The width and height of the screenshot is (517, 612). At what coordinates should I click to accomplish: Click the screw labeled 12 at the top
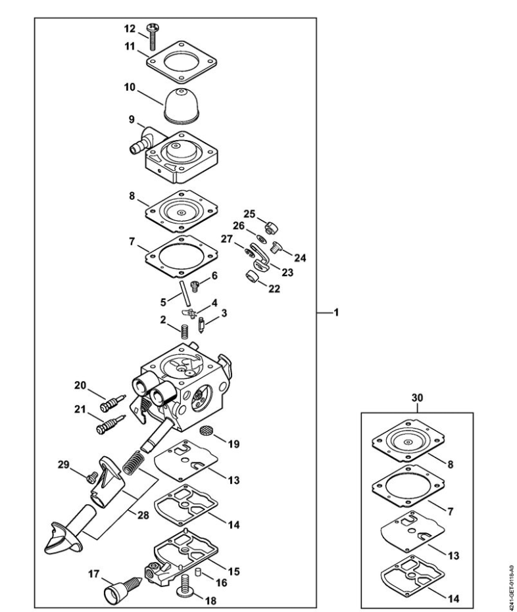pyautogui.click(x=152, y=37)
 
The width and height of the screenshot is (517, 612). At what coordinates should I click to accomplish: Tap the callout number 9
pyautogui.click(x=132, y=120)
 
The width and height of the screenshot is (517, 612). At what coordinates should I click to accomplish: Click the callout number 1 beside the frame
pyautogui.click(x=336, y=313)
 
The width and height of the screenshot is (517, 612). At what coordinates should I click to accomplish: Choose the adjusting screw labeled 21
pyautogui.click(x=111, y=424)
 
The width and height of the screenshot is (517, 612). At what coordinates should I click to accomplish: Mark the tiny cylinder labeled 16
pyautogui.click(x=198, y=572)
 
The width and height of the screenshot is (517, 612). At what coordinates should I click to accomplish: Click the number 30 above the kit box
pyautogui.click(x=418, y=398)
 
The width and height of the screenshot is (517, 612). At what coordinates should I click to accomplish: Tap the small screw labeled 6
pyautogui.click(x=195, y=286)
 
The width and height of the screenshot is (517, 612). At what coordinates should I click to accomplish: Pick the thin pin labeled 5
pyautogui.click(x=185, y=293)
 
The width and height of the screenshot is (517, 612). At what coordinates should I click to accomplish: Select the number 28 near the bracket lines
pyautogui.click(x=143, y=515)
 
